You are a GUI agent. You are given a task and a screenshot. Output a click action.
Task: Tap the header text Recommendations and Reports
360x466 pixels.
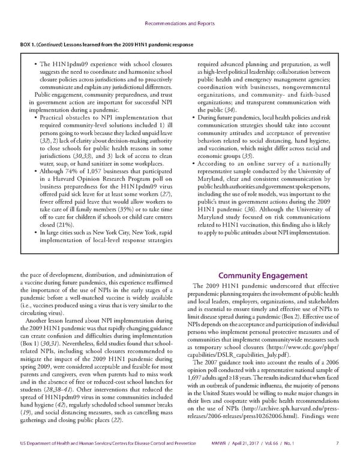[180, 24]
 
